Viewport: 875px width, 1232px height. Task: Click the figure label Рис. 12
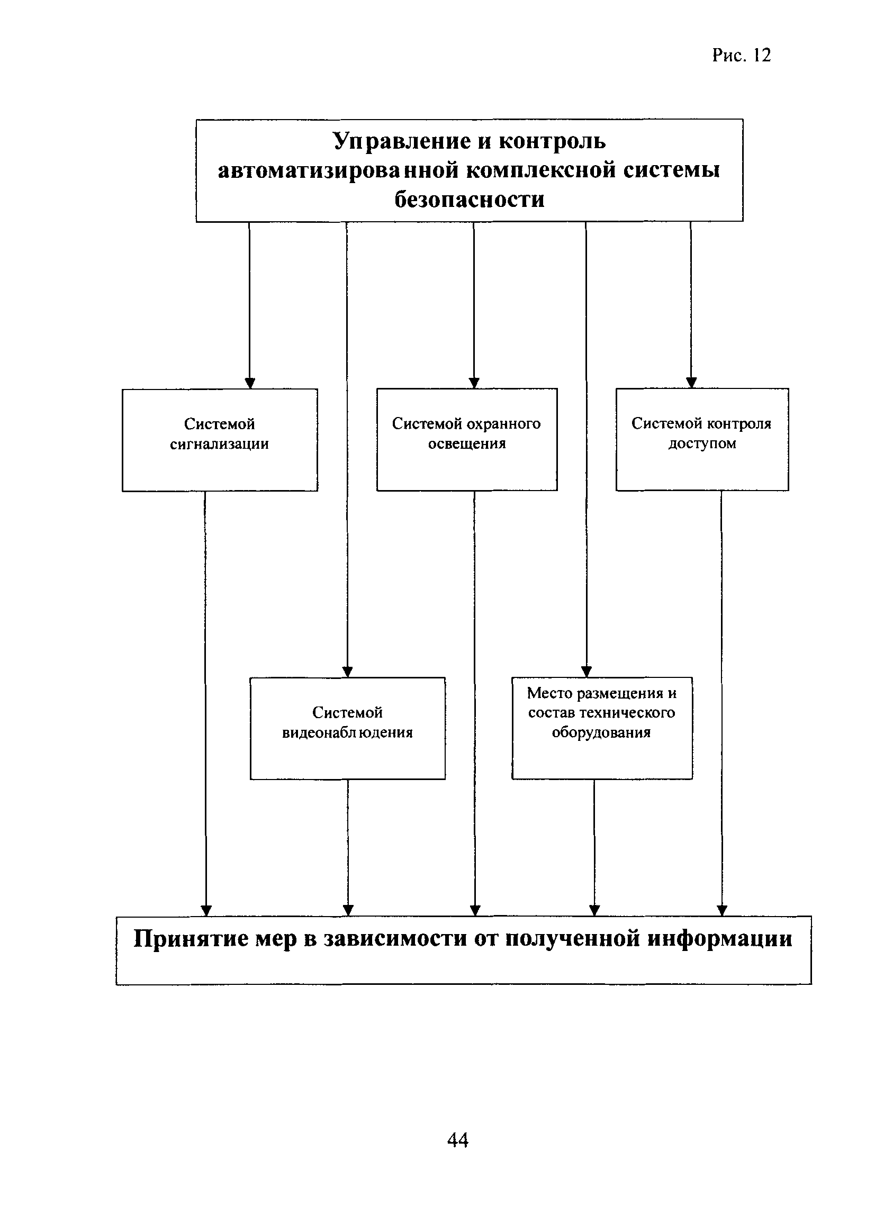tap(742, 55)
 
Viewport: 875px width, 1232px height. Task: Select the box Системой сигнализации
tap(220, 440)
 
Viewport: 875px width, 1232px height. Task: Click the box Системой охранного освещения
tap(466, 439)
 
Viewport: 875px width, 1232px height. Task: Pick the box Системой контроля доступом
tap(702, 439)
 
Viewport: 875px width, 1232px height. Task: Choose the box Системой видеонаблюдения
tap(348, 728)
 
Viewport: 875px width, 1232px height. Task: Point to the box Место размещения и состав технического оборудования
tap(602, 728)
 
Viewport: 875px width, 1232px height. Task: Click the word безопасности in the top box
tap(470, 200)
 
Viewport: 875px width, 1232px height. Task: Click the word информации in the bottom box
tap(720, 939)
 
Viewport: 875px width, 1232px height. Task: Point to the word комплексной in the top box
tap(541, 170)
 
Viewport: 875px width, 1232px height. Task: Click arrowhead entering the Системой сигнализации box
tap(249, 383)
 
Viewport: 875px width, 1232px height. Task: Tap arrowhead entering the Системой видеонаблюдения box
tap(348, 672)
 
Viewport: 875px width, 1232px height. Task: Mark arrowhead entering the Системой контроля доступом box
tap(692, 383)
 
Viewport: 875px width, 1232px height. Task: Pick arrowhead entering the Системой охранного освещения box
tap(474, 383)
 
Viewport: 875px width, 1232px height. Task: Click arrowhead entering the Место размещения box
tap(587, 671)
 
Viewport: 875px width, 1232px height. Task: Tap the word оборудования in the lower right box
tap(601, 732)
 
